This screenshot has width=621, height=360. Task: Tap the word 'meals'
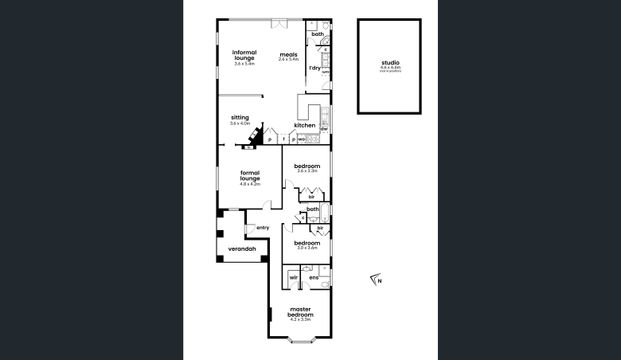tap(288, 54)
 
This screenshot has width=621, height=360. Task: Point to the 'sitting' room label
tap(239, 116)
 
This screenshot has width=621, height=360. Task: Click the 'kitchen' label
tap(305, 125)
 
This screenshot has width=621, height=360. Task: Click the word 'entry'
tap(263, 227)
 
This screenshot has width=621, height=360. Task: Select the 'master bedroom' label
tap(300, 311)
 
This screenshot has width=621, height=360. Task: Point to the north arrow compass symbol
tap(375, 280)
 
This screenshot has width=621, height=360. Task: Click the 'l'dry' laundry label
tap(314, 68)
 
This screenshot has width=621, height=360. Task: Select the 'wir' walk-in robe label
tap(294, 277)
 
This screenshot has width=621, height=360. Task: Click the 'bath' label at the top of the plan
tap(317, 35)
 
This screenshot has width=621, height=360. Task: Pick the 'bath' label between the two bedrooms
tap(313, 209)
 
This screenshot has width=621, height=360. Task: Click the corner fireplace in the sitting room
tap(258, 138)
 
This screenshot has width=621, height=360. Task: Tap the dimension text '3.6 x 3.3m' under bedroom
tap(307, 171)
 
